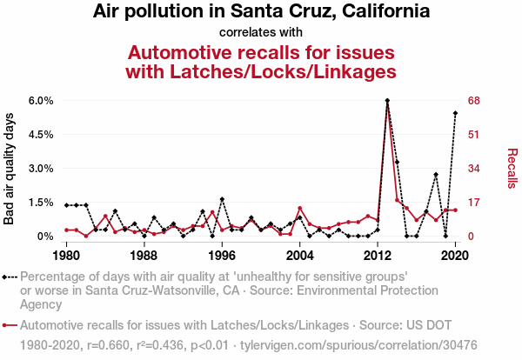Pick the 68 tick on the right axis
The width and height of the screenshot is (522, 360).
pyautogui.click(x=474, y=101)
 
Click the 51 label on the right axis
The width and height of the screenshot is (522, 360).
pyautogui.click(x=474, y=135)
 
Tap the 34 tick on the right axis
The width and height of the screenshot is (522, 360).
pyautogui.click(x=474, y=169)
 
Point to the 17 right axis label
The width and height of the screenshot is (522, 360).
pyautogui.click(x=474, y=203)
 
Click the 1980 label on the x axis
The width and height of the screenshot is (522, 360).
pyautogui.click(x=66, y=256)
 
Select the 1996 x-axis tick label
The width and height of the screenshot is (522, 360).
pyautogui.click(x=222, y=256)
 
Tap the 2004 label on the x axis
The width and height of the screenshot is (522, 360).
pyautogui.click(x=299, y=256)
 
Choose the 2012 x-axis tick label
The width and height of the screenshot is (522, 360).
pyautogui.click(x=378, y=256)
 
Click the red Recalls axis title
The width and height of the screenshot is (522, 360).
pyautogui.click(x=512, y=168)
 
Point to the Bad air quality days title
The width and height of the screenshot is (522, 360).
pyautogui.click(x=10, y=168)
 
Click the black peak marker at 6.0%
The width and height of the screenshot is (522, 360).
pyautogui.click(x=387, y=101)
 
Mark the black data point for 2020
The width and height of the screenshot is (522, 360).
pyautogui.click(x=455, y=113)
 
